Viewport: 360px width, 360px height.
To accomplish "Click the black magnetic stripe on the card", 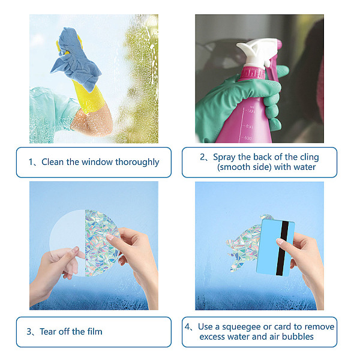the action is click(283, 248).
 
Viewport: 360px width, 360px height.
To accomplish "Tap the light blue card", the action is click(275, 247).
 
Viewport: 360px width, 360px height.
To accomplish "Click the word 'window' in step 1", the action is click(97, 162).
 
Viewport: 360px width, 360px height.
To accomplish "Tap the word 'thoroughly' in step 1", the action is click(137, 163).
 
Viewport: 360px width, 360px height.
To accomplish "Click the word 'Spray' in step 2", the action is click(224, 157).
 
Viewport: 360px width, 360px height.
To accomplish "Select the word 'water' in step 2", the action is click(304, 167).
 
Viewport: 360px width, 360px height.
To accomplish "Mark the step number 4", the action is click(187, 327).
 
